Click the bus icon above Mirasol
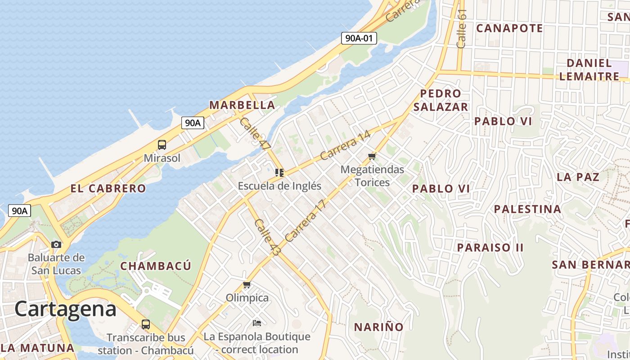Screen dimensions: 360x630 pos(162,145)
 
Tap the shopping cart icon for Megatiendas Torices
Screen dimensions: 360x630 pos(372,156)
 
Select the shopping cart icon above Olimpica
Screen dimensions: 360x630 pos(247,285)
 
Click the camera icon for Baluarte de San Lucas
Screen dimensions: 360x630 pos(56,244)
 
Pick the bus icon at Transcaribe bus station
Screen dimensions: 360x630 pos(146,324)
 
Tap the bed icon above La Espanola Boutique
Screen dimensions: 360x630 pos(257,323)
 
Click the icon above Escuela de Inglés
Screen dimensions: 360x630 pos(279,172)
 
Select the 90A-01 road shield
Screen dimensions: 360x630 pos(359,38)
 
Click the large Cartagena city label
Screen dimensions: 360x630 pos(66,309)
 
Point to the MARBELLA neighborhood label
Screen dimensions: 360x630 pos(242,105)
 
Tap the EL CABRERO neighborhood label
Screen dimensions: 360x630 pos(108,188)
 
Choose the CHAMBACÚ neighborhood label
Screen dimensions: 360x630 pos(156,265)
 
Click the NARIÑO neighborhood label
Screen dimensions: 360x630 pos(379,327)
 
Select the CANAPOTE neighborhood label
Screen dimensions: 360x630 pos(510,28)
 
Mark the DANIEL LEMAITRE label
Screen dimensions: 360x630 pos(589,69)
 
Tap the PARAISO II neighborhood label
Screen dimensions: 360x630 pos(490,247)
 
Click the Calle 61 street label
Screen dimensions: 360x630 pos(462,28)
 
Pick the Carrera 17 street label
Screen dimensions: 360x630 pos(305,220)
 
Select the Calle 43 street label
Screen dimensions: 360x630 pos(267,238)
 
